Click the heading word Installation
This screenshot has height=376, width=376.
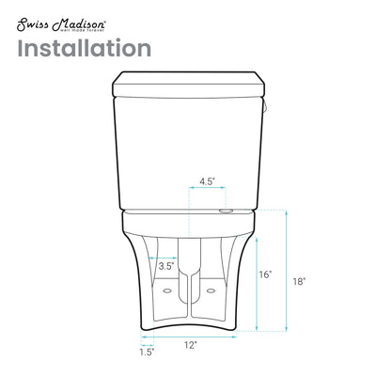pos(82,48)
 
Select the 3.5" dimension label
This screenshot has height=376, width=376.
pos(164,267)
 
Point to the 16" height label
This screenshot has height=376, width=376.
pos(265,274)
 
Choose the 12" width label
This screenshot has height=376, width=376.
pos(191,346)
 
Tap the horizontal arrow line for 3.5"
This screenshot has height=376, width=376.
pos(163,254)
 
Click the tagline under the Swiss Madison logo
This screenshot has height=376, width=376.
pos(58,26)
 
